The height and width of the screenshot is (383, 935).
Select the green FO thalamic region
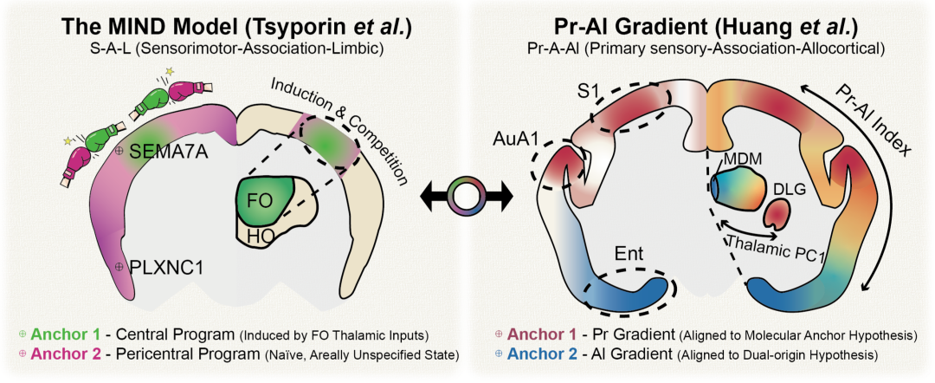pos(266,199)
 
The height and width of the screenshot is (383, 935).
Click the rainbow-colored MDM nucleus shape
pos(737,187)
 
